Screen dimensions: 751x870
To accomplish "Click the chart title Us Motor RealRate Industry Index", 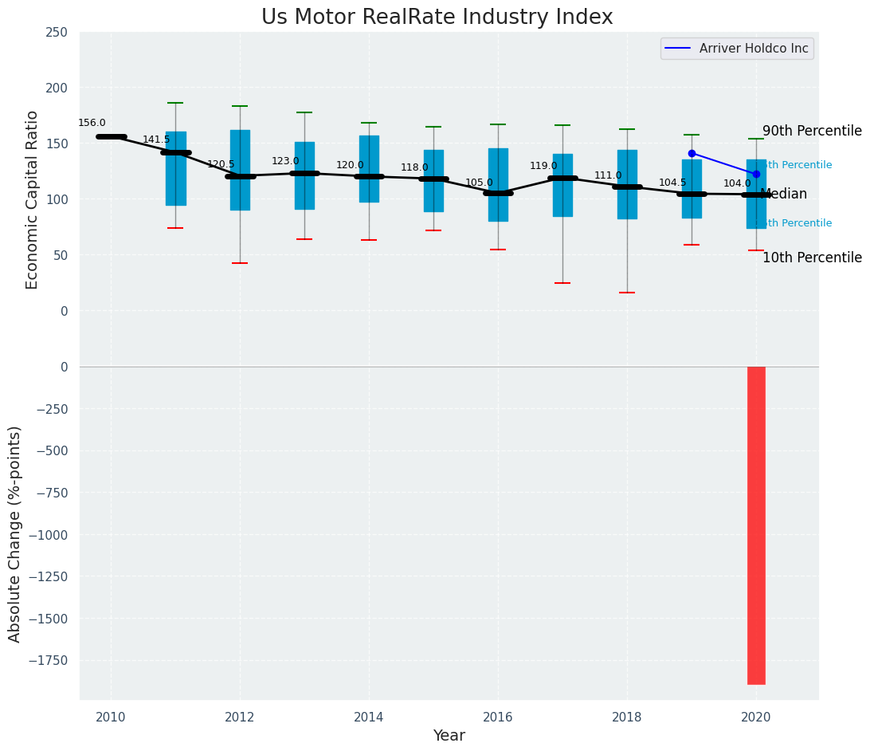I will [x=437, y=18].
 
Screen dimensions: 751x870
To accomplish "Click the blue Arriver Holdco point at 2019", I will [x=692, y=153].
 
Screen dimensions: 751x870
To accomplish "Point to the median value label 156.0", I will [x=92, y=124].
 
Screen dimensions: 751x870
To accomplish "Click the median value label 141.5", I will [x=156, y=140].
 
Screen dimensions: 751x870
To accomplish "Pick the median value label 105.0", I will [x=479, y=183].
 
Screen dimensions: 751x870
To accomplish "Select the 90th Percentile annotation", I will [x=812, y=132].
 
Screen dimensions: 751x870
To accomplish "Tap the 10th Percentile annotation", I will [x=812, y=258].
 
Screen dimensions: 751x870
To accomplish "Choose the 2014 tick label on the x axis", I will [x=369, y=718].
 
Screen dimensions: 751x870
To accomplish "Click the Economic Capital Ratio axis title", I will [x=33, y=199].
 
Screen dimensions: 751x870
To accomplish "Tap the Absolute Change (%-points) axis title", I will [x=15, y=533].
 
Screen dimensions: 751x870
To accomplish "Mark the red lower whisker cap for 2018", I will [x=627, y=293].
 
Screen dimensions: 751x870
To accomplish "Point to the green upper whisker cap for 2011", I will [x=175, y=103].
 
